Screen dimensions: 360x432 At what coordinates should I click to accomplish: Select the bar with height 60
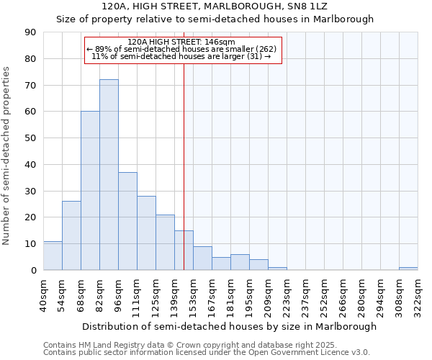pos(90,191)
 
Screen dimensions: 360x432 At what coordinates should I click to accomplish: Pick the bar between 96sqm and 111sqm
pos(127,221)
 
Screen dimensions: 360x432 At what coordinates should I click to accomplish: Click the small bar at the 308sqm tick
pos(408,269)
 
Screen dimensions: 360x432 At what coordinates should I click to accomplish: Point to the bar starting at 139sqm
pos(184,251)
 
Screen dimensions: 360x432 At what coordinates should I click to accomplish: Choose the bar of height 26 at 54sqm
pos(71,235)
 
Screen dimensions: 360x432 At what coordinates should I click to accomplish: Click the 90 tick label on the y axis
pos(30,32)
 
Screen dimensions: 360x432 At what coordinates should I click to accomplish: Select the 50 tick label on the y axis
pos(30,138)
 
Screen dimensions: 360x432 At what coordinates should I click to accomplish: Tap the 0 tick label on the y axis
pos(33,271)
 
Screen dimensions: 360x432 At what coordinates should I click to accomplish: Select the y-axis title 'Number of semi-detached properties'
pos(7,156)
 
